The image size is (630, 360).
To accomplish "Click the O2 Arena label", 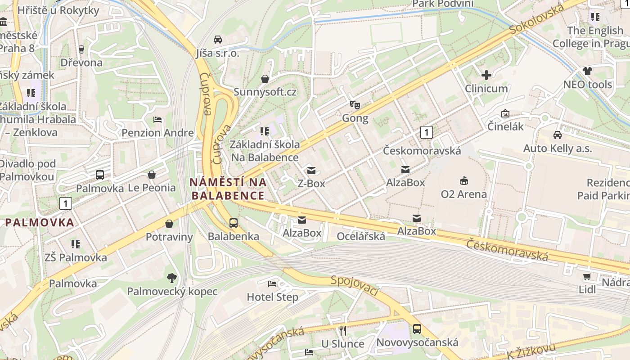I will pos(463,194).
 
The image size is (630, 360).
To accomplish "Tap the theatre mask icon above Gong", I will pos(355,105).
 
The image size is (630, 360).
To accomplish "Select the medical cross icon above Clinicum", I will pos(486,75).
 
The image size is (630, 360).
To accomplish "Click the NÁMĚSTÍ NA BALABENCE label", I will pos(228,189).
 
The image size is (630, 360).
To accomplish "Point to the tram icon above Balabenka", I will pos(233,223).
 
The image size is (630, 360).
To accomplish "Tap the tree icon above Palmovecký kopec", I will pos(172,278).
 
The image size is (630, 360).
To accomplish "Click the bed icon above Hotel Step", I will pos(272,283).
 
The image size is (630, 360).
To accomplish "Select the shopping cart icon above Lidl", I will pos(587,276).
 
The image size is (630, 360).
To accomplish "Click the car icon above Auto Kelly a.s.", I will pos(557,135).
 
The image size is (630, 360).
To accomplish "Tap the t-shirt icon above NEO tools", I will pos(587,71).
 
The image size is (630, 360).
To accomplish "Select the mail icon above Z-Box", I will pos(311,170).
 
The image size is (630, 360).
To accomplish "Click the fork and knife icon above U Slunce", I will pos(343,331).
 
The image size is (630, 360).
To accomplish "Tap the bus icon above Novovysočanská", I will pos(417,329).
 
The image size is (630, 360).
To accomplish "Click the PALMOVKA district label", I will pos(40,222).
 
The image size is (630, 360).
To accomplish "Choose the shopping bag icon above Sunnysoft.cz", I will pos(265,79).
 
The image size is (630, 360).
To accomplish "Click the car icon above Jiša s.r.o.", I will pos(218,40).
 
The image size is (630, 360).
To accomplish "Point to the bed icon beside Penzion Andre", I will pos(157,120).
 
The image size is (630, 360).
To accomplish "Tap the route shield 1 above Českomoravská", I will pos(426,132).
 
